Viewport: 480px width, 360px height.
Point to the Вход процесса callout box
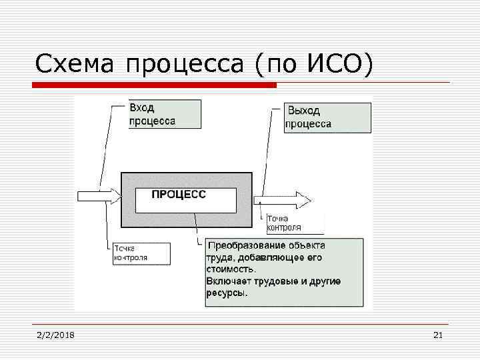click(164, 114)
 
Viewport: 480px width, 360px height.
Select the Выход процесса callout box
click(327, 117)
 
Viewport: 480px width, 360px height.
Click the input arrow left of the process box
click(99, 196)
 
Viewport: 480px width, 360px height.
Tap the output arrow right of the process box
click(281, 199)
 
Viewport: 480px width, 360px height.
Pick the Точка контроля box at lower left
click(141, 253)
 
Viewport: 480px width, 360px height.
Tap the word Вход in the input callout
click(141, 108)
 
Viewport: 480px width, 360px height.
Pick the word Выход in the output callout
click(304, 111)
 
